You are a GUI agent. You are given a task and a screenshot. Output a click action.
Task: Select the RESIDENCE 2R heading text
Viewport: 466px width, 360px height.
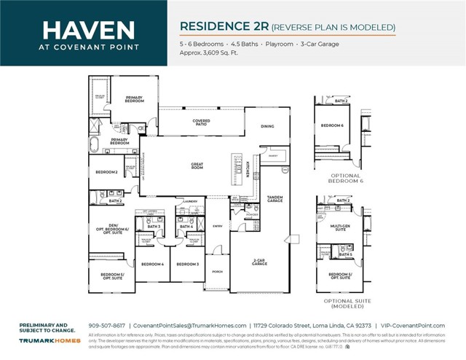coord(224,27)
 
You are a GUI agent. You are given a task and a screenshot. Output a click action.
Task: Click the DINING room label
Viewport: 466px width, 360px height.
coord(267,126)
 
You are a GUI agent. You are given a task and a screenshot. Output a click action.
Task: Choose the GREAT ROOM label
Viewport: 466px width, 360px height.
coord(197,165)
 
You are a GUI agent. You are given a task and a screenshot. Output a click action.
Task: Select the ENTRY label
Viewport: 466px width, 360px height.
coord(218,226)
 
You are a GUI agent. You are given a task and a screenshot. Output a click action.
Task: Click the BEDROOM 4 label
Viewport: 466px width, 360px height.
coord(152,264)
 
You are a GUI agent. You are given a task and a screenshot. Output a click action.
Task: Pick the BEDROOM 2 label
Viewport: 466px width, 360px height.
coord(107,172)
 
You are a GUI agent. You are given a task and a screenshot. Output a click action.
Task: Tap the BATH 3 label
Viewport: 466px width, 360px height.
coord(154,227)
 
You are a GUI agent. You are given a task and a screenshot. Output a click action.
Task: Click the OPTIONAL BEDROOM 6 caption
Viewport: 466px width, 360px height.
coord(346,178)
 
